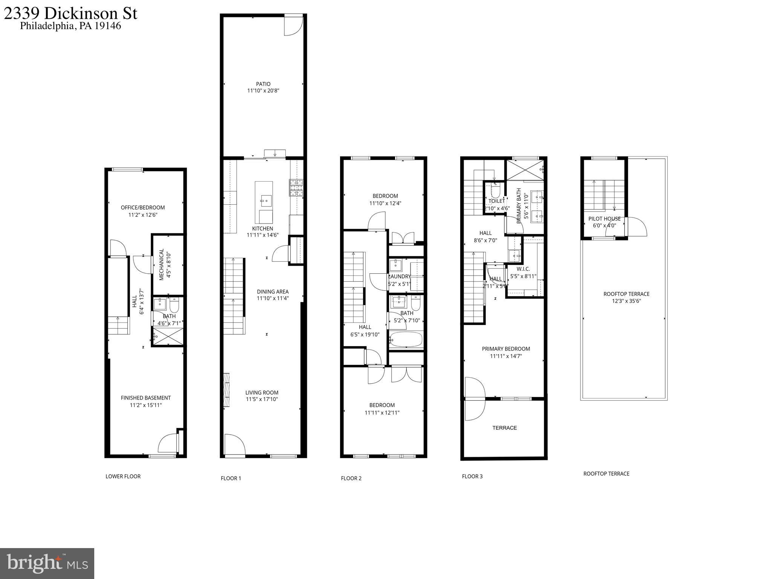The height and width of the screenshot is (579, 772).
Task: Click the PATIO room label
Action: (263, 84)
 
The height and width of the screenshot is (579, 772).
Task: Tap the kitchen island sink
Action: (267, 199)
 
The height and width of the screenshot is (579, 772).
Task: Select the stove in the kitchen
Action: (296, 188)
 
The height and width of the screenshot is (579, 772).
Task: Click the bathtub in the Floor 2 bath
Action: (406, 339)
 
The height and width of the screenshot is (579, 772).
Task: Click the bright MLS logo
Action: (47, 563)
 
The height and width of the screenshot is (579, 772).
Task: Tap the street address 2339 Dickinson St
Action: (70, 14)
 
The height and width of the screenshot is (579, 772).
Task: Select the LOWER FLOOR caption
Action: (123, 476)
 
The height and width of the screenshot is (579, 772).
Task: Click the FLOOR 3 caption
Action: (472, 476)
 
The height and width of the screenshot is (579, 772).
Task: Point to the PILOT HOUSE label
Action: (604, 219)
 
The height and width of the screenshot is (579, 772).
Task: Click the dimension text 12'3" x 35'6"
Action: (626, 301)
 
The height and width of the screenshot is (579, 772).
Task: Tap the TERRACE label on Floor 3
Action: (504, 428)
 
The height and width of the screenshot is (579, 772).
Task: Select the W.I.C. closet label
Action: (523, 269)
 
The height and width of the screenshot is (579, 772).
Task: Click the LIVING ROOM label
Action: (262, 392)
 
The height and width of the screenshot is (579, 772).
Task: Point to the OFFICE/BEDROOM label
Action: (142, 208)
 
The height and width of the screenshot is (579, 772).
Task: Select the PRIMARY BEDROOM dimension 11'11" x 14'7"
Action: (506, 356)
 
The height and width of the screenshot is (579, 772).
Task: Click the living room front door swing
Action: (234, 445)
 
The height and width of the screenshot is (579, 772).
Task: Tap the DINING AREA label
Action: (273, 291)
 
